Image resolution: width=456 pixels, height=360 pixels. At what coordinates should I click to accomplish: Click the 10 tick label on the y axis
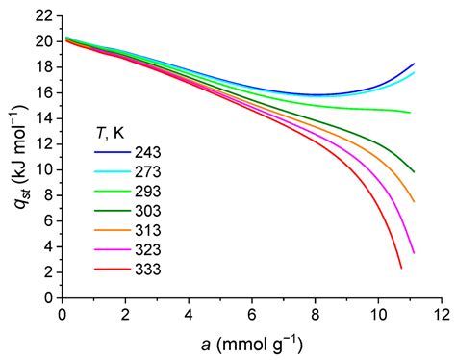coord(43,170)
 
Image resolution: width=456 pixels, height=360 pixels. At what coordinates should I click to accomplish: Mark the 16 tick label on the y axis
coord(43,92)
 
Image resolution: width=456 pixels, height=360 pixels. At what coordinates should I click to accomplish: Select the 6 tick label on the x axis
coord(252,314)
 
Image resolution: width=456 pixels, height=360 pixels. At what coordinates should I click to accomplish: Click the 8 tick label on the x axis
coord(316,314)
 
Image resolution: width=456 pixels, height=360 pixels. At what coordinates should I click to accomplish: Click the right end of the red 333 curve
coord(401,268)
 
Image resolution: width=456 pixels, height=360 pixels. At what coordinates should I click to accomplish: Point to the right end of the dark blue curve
coord(414,64)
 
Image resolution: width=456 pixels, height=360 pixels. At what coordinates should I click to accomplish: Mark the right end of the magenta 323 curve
coord(414,253)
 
